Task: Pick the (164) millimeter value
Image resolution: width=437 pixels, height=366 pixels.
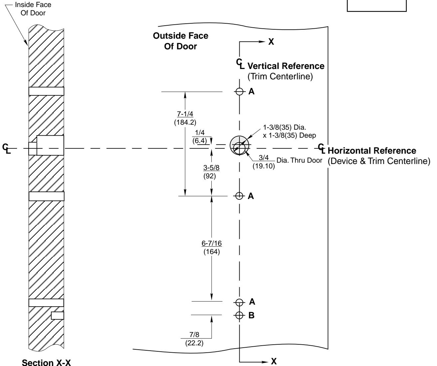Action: (211, 252)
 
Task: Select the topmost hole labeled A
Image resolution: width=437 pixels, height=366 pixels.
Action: (239, 91)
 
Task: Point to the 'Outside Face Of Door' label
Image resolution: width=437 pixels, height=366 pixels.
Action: (181, 41)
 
